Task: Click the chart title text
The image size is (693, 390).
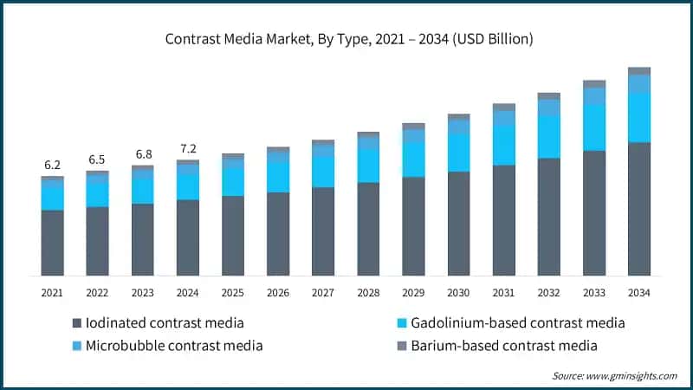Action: click(x=346, y=39)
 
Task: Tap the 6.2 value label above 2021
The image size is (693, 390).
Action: click(x=53, y=165)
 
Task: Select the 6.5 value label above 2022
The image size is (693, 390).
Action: click(x=98, y=159)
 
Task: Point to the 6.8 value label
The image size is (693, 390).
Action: click(x=143, y=154)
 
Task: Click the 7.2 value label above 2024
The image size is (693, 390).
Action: click(x=188, y=148)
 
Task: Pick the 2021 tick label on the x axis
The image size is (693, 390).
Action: click(x=53, y=293)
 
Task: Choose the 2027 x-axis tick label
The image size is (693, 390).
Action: click(x=323, y=293)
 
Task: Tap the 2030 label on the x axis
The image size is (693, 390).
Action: click(x=458, y=293)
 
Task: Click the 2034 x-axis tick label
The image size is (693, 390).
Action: click(x=639, y=293)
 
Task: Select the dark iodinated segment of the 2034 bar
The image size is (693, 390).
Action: click(x=639, y=208)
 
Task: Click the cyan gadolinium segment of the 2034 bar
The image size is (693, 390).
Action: click(x=639, y=117)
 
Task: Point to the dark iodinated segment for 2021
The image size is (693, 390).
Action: click(x=53, y=243)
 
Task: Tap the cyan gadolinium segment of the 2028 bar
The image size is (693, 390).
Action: click(x=368, y=166)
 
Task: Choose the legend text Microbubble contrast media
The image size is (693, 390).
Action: click(x=174, y=346)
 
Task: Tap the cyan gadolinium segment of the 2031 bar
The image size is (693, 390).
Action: click(x=503, y=144)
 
